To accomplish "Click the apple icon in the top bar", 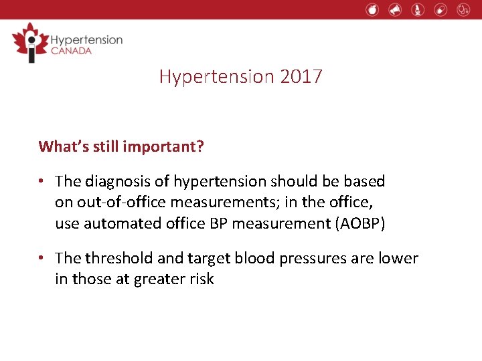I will (x=373, y=9).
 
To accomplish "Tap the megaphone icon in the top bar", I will (x=395, y=9).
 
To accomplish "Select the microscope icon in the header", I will (x=418, y=9).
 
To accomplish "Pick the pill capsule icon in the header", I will (x=440, y=9).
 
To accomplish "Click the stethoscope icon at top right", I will (x=463, y=9).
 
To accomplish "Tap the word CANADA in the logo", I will (x=71, y=51).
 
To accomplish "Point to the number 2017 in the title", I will (x=301, y=76).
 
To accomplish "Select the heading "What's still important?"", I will (x=121, y=146).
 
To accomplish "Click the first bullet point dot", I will (x=42, y=182).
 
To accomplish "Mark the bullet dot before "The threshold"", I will (x=42, y=259).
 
